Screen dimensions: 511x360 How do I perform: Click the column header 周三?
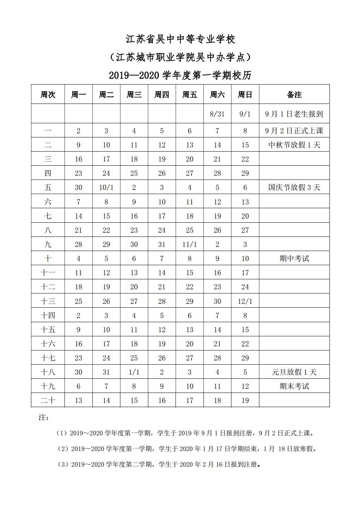(x=134, y=95)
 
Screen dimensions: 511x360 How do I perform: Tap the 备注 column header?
(x=294, y=95)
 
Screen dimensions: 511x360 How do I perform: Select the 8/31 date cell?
(x=217, y=114)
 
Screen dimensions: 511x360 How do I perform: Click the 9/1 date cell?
(x=245, y=114)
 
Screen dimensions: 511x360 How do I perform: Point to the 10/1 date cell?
(x=106, y=187)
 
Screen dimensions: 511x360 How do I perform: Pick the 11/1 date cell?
(x=189, y=244)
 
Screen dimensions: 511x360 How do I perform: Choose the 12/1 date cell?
(x=245, y=301)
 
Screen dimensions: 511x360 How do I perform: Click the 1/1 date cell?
(x=134, y=372)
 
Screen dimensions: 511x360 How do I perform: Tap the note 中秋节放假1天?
(x=294, y=145)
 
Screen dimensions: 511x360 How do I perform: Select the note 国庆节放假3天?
(x=294, y=187)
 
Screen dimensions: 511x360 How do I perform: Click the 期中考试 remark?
(x=294, y=258)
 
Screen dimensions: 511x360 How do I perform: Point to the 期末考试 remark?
(x=294, y=386)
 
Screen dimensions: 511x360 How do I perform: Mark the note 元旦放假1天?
(x=294, y=372)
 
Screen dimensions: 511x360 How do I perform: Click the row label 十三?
(x=48, y=301)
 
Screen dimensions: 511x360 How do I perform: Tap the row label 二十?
(x=48, y=400)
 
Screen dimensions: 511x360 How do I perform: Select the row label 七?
(x=48, y=216)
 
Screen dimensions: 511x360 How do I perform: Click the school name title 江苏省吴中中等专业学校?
(x=180, y=39)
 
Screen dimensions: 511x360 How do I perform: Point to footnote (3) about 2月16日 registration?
(x=158, y=464)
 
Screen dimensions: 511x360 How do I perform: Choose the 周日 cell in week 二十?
(x=245, y=400)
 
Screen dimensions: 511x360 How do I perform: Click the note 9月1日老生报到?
(x=294, y=114)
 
